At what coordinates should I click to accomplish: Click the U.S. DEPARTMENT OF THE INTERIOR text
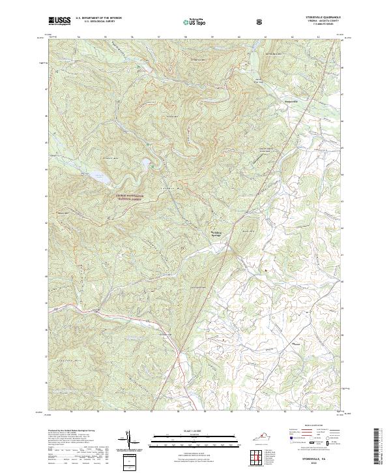(98, 18)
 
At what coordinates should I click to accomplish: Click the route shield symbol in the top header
(261, 22)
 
